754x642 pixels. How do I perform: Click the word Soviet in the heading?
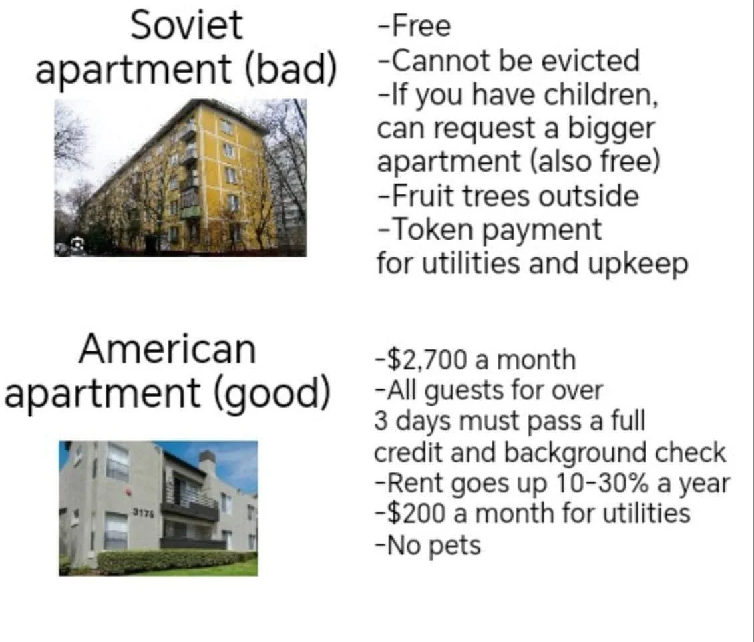click(186, 25)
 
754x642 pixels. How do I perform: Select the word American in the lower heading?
click(168, 349)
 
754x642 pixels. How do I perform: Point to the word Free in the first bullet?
click(421, 26)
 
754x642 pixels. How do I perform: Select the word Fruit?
click(423, 196)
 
